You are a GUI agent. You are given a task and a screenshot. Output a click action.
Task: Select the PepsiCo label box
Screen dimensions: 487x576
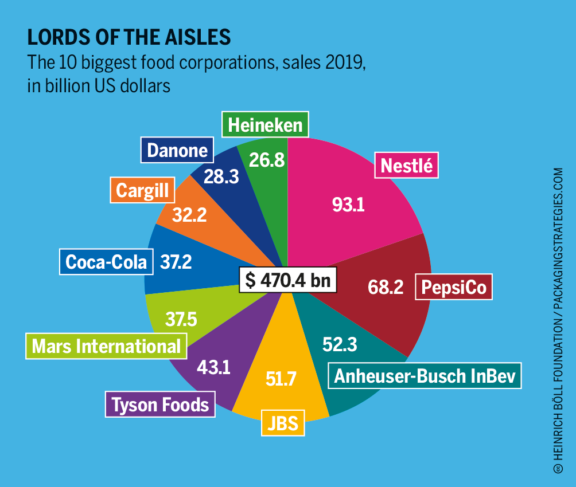[454, 288]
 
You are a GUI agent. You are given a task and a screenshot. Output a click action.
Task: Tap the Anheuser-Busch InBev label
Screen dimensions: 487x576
[425, 376]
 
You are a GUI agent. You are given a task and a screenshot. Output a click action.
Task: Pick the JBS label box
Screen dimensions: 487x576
[283, 423]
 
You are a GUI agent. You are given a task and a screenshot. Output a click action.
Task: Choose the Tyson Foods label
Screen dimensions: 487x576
[160, 405]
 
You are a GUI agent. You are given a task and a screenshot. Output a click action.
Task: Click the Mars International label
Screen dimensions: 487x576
[106, 346]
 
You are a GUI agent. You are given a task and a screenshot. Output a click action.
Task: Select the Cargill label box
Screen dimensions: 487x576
[143, 190]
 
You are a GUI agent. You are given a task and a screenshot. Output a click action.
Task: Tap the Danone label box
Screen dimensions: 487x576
[177, 150]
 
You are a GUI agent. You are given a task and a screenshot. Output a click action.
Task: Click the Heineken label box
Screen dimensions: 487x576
[265, 125]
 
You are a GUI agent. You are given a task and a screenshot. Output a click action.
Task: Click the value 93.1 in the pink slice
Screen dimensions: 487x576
[349, 204]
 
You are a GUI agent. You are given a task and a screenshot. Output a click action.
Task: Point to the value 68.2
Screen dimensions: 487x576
[386, 287]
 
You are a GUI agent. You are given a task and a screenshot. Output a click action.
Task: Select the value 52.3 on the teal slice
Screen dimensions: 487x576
[340, 344]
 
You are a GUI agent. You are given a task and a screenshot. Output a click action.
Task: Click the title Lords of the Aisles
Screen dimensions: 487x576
[129, 37]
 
